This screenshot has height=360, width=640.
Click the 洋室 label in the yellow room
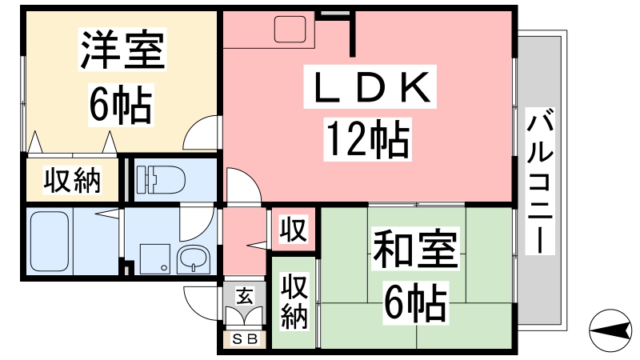point(122,50)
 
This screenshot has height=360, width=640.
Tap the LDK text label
point(370,86)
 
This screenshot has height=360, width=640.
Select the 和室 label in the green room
point(415,248)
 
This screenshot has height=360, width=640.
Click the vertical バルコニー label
point(539,181)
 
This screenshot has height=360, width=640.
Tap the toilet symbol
point(161,179)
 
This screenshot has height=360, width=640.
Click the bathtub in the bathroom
point(49,241)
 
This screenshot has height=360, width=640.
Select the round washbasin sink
point(194,260)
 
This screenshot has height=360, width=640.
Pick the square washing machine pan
point(154,259)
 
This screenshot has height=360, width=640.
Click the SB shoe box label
point(245,338)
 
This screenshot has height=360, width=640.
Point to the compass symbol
point(610,330)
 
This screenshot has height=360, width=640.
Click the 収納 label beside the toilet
point(72,180)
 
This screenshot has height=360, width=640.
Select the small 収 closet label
point(294,230)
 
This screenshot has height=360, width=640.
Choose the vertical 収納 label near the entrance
point(294,302)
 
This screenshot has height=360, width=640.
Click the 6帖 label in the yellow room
point(121,105)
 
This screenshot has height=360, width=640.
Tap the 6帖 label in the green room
point(415,302)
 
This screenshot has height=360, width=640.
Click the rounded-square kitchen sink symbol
point(290,29)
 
